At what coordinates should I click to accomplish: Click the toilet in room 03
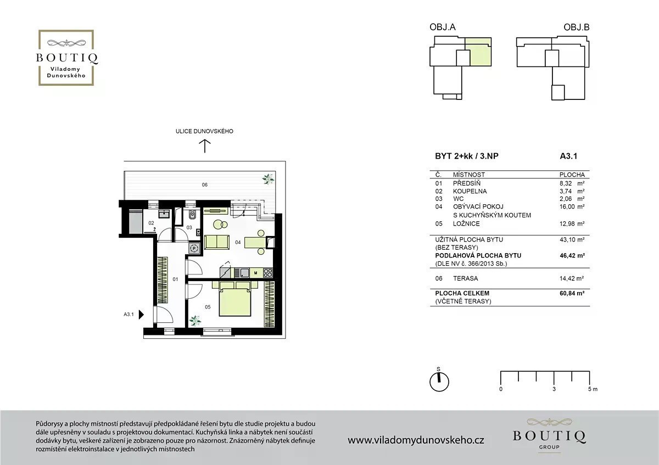192,215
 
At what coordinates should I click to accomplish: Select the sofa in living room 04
216,242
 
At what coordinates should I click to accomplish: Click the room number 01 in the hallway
175,279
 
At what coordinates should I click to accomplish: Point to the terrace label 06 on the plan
204,184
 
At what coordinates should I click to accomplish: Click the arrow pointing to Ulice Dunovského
205,146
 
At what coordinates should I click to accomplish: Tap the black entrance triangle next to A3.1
141,315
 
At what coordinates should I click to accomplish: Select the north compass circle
439,382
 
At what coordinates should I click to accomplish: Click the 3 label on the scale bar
554,389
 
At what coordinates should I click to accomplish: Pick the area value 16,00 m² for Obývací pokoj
572,206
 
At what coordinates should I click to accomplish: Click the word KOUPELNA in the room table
470,191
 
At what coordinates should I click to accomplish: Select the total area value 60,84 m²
572,293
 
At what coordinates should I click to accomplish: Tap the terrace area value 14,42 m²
572,278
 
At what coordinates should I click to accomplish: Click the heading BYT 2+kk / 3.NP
467,156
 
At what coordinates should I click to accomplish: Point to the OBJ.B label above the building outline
576,27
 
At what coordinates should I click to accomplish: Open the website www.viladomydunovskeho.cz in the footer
416,440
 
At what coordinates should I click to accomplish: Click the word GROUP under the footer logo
549,447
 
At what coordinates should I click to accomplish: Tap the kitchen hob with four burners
268,273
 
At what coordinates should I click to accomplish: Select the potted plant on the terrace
268,179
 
